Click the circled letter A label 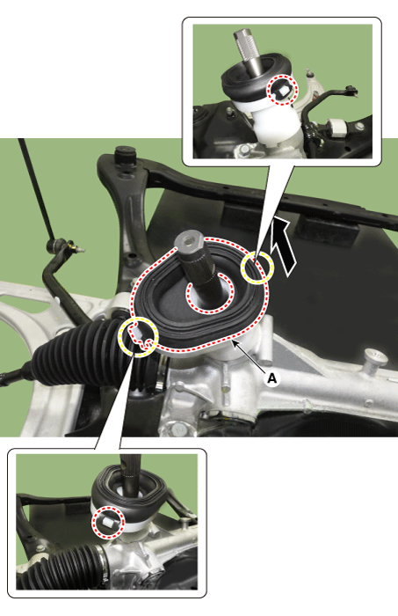coord(271,378)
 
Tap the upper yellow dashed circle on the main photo coord(257,268)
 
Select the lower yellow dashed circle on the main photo coord(138,336)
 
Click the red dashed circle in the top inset coord(283,90)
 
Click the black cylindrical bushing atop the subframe coord(125,157)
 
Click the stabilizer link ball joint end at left coord(59,246)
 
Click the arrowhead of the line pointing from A coord(235,344)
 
